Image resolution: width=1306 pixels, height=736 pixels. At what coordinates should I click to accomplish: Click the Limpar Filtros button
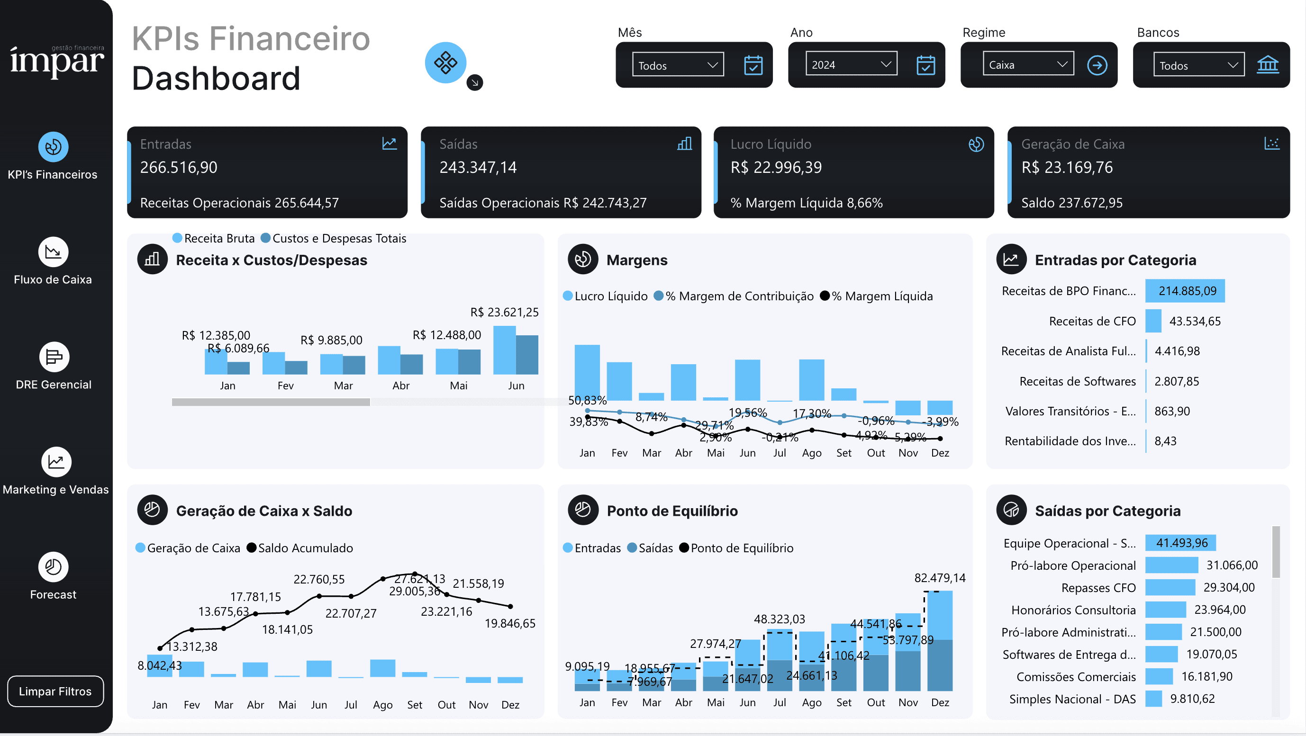tap(55, 691)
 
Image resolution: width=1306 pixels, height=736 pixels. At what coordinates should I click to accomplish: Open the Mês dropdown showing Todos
tap(677, 65)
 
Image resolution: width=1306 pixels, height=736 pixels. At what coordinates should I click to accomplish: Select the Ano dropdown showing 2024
tap(851, 64)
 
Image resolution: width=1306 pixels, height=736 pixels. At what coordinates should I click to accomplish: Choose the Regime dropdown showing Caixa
tap(1028, 64)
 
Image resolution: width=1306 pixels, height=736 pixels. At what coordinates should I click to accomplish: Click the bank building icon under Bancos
tap(1268, 65)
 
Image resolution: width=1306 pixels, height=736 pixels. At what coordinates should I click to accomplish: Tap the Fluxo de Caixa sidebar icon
tap(53, 252)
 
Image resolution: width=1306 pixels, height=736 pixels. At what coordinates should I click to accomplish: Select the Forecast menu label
tap(53, 594)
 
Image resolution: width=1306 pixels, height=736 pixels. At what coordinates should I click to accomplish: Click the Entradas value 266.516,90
tap(179, 167)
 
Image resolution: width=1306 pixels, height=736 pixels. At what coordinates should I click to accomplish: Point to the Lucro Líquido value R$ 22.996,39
tap(776, 167)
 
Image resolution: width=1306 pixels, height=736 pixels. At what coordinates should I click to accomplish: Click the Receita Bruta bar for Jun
tap(505, 350)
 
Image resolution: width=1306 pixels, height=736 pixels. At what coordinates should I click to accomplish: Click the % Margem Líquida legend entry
tap(877, 296)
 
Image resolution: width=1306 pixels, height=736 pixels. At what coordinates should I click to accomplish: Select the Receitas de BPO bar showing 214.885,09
tap(1184, 291)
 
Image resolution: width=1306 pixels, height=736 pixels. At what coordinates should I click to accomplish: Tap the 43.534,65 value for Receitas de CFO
tap(1195, 321)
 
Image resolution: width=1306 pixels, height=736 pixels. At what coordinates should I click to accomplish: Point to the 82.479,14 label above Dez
tap(939, 577)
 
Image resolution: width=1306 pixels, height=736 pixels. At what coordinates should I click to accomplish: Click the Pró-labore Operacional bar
tap(1171, 565)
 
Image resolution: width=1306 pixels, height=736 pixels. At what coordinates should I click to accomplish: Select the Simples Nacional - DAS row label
tap(1072, 699)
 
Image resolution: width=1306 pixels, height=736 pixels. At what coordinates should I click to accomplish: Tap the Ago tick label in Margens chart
tap(811, 453)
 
